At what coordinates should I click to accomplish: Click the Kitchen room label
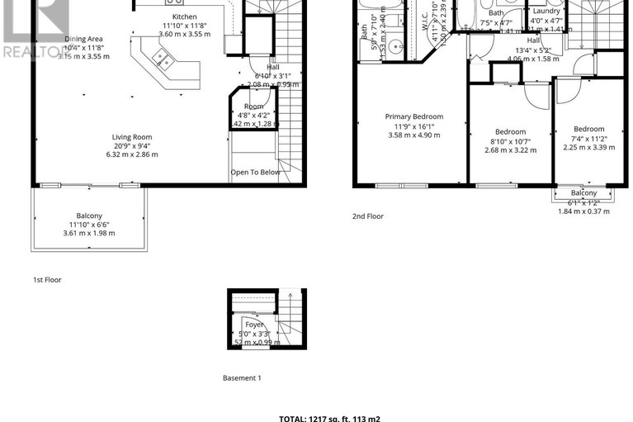click(185, 17)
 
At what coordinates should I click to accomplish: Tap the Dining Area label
click(83, 39)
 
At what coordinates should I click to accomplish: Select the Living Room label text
click(132, 137)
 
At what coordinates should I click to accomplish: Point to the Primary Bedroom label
click(414, 116)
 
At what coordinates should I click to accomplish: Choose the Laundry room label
click(546, 11)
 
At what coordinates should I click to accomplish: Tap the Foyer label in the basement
click(253, 325)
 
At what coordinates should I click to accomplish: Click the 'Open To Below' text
click(255, 173)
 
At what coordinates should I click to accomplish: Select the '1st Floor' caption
click(47, 280)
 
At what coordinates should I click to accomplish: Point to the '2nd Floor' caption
click(367, 216)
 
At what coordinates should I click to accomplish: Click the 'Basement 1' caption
click(242, 378)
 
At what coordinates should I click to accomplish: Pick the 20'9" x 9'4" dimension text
click(132, 146)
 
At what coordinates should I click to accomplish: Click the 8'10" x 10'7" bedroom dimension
click(510, 141)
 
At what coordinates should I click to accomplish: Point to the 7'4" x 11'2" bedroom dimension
click(588, 139)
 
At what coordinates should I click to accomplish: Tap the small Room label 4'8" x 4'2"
click(254, 116)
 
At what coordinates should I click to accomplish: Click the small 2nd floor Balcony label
click(583, 192)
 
